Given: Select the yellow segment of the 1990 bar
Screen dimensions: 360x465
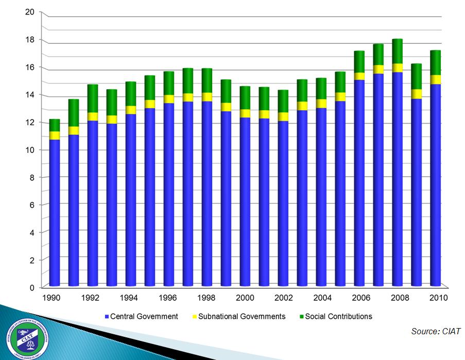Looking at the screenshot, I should (x=54, y=135).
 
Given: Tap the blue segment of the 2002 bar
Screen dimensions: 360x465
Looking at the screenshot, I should (x=283, y=203).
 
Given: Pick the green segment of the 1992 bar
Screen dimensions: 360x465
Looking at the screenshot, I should (x=92, y=98).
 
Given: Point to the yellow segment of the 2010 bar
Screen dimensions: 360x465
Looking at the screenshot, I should (x=435, y=79).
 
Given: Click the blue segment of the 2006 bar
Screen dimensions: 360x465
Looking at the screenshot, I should (x=359, y=183).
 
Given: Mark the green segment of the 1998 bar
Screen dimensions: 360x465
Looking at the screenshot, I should (x=206, y=80).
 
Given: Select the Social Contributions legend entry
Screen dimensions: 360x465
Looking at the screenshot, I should (x=338, y=316).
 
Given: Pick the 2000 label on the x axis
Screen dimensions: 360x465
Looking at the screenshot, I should (x=245, y=298).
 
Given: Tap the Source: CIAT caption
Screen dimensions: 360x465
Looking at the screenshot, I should (x=436, y=331).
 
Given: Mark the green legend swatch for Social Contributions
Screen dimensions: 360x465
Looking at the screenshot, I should (x=301, y=317).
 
